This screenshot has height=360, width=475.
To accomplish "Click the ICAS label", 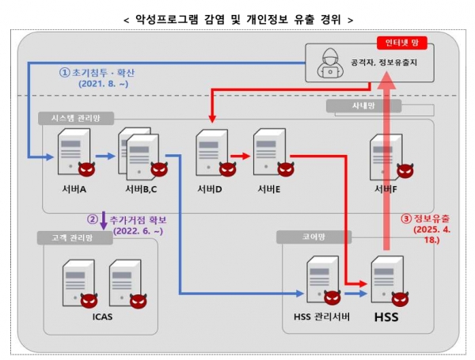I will pyautogui.click(x=101, y=319).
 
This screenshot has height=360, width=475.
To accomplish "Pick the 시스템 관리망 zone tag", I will pyautogui.click(x=76, y=118).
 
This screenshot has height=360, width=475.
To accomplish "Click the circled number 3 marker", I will pyautogui.click(x=405, y=218).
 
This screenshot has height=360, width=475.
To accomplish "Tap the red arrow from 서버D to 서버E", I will pyautogui.click(x=241, y=155).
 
